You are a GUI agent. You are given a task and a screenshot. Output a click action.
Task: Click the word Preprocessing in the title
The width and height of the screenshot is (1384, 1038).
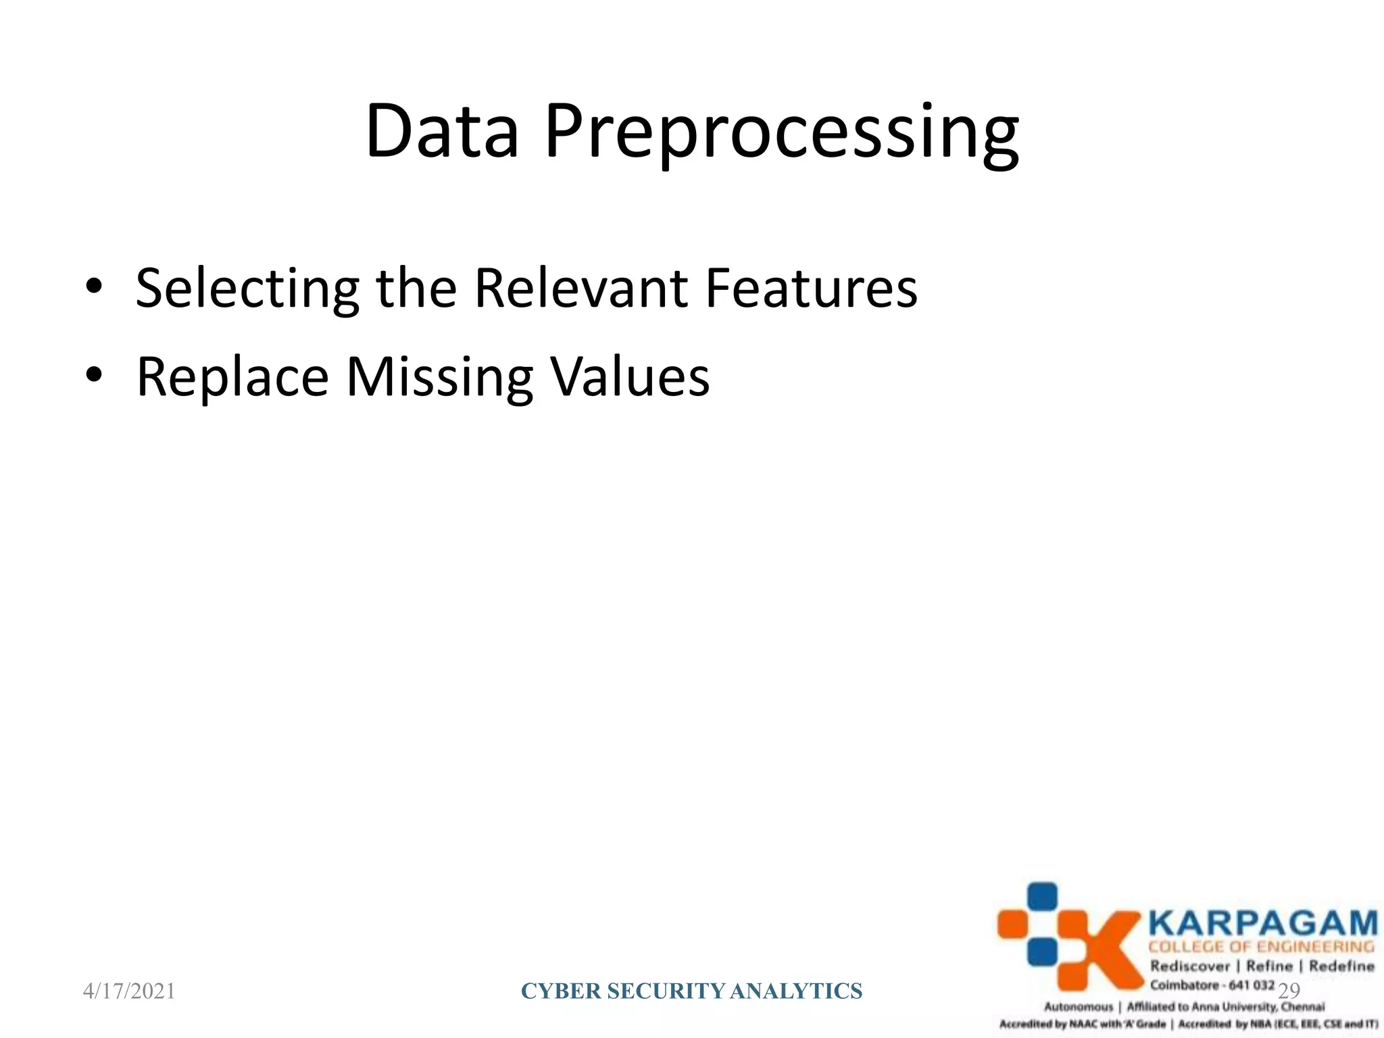[781, 134]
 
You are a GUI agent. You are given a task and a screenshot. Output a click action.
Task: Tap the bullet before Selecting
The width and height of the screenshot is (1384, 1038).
[93, 286]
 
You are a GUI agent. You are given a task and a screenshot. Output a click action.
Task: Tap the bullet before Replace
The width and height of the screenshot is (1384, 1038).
[93, 374]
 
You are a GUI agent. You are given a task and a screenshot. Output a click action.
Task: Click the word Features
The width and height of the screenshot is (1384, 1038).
[811, 288]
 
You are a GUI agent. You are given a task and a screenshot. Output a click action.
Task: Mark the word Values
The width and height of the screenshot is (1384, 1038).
[630, 376]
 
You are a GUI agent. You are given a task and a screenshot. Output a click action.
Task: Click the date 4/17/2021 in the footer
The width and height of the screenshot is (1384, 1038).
[129, 991]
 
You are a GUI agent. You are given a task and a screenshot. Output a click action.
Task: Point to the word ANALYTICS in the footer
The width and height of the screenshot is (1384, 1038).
[796, 991]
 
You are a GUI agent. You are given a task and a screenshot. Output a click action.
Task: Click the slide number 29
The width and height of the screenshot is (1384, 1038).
[1289, 991]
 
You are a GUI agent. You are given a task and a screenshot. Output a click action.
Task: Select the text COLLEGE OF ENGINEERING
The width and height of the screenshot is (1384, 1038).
[1262, 947]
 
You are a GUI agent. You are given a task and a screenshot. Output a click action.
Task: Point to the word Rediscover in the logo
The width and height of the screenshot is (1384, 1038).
[1189, 966]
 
